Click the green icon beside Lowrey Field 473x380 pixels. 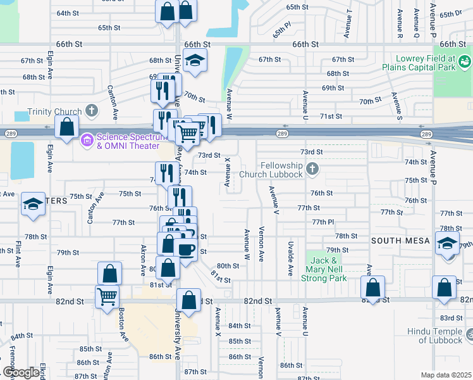point(465,61)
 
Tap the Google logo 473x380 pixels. point(20,372)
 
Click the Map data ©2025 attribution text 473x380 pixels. point(445,375)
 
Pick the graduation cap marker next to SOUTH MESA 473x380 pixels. point(446,245)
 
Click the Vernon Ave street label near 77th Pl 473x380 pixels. point(261,235)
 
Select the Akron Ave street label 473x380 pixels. point(144,260)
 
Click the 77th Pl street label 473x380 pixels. point(322,222)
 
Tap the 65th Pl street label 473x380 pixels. point(282,30)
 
